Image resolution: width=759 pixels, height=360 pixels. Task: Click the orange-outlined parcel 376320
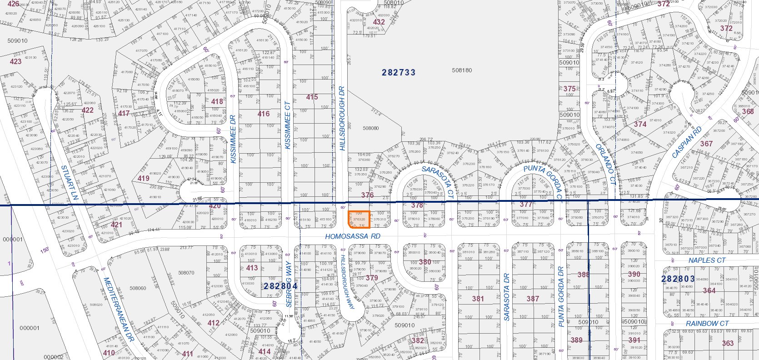[359, 219]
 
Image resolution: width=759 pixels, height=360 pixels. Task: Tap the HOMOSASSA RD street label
[352, 236]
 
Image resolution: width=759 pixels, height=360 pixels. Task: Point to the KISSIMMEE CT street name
[287, 125]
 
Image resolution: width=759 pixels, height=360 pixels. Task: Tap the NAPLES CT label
[707, 260]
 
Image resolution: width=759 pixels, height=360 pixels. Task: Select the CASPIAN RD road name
[687, 142]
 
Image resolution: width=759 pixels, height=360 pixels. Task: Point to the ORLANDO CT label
[606, 164]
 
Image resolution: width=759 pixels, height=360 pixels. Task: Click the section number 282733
[399, 72]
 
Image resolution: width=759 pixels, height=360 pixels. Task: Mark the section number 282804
[280, 286]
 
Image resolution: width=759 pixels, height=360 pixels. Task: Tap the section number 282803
[678, 279]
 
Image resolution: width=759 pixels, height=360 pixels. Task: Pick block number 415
[312, 97]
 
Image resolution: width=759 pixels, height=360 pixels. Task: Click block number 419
[143, 178]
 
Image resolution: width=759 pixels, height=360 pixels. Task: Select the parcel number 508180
[462, 70]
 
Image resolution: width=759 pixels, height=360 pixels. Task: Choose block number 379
[371, 278]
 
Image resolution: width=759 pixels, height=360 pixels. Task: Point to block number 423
[15, 61]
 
